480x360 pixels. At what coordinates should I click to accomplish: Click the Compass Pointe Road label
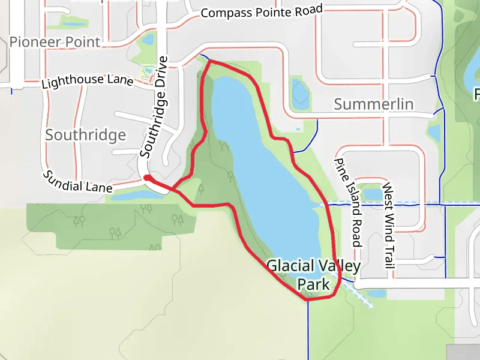pyautogui.click(x=262, y=11)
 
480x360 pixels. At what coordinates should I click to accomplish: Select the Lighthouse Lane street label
pyautogui.click(x=87, y=81)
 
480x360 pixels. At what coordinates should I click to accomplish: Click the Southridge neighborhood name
pyautogui.click(x=86, y=134)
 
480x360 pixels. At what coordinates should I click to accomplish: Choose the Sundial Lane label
pyautogui.click(x=76, y=181)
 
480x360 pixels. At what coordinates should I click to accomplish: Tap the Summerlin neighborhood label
pyautogui.click(x=373, y=104)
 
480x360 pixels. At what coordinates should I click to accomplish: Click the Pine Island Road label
pyautogui.click(x=349, y=203)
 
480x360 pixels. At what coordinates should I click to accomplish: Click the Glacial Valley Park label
pyautogui.click(x=313, y=274)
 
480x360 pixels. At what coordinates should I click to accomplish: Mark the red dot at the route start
pyautogui.click(x=146, y=178)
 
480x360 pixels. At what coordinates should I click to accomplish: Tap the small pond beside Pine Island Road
pyautogui.click(x=372, y=193)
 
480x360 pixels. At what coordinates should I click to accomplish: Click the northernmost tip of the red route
pyautogui.click(x=209, y=61)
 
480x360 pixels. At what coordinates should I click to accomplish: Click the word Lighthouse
pyautogui.click(x=67, y=83)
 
